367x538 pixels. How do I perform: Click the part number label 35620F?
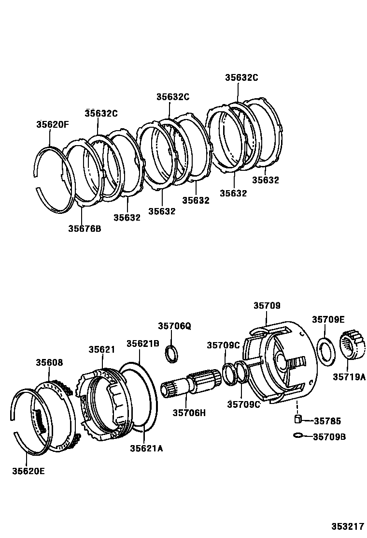tap(53, 124)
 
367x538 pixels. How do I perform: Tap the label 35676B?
tap(85, 228)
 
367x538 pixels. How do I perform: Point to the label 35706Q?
tap(175, 326)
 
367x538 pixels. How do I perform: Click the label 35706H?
tap(189, 412)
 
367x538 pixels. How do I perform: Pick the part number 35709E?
tap(328, 319)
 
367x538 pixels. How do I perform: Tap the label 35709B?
tap(329, 437)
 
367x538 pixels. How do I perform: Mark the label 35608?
tap(49, 362)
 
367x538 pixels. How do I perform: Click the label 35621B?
tap(143, 344)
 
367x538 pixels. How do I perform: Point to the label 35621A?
tap(146, 448)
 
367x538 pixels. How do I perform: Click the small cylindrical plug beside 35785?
tap(298, 419)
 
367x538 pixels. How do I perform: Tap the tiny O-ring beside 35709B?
tap(298, 436)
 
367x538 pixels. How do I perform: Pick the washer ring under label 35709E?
tap(326, 351)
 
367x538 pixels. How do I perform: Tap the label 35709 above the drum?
tap(267, 306)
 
